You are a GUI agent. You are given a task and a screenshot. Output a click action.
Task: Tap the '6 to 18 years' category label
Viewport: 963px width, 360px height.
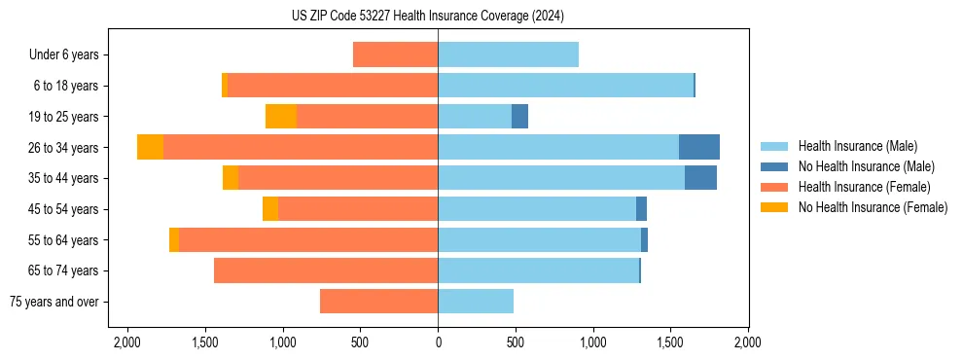click(66, 86)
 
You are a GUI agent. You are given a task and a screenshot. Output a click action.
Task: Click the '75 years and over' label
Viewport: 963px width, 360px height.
click(54, 302)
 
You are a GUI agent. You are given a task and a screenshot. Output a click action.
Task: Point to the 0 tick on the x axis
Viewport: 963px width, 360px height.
click(438, 343)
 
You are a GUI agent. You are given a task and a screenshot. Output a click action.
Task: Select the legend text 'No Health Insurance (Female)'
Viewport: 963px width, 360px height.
click(873, 207)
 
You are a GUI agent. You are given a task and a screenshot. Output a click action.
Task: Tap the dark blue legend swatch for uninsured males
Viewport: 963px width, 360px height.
click(774, 166)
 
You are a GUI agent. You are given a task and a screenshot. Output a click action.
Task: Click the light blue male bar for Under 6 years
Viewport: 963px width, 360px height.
click(508, 54)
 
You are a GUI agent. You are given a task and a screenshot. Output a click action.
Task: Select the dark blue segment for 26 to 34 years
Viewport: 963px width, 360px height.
click(698, 147)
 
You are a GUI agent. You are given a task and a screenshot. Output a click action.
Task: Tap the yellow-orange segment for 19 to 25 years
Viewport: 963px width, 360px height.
click(281, 117)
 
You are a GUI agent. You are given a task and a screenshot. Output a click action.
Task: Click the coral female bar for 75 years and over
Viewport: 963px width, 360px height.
click(378, 302)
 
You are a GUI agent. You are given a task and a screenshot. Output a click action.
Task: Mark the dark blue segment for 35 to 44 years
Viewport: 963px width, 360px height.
click(700, 178)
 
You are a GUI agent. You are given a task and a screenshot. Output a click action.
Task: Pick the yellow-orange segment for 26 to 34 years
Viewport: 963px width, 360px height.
click(150, 147)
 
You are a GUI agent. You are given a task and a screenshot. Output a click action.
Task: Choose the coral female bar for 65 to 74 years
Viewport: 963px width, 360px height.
click(326, 270)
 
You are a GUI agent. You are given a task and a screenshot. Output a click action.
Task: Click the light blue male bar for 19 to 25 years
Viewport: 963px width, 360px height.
click(475, 117)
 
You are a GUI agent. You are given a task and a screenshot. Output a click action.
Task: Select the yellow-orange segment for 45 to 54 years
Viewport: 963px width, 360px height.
click(270, 209)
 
